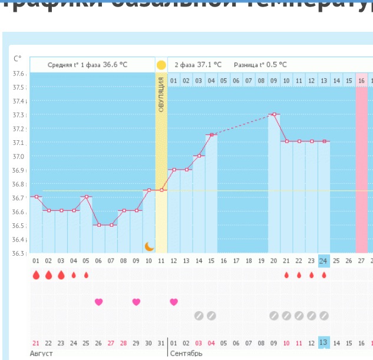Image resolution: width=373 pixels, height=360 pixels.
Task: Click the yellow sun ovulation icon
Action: coord(161,64)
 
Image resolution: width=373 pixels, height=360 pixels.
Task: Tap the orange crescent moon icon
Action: coord(150,246)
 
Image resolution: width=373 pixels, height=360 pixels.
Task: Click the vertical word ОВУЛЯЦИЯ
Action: coord(161,95)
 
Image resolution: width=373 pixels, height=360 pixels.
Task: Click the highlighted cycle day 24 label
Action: coord(324,260)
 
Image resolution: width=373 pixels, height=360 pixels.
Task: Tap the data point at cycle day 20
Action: coord(273,114)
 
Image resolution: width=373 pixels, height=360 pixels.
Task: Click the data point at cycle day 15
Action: coord(211,135)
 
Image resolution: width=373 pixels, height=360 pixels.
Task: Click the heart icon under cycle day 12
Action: coord(173,302)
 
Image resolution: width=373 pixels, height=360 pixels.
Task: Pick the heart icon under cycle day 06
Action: coord(98,302)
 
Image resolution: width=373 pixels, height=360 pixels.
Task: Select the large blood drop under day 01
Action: coord(36,275)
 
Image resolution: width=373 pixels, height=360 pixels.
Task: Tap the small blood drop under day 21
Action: coord(286,275)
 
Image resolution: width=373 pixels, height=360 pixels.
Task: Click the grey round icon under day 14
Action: coord(199,316)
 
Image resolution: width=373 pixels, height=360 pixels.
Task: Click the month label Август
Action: coord(41,354)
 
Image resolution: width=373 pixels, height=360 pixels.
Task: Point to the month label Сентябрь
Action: coord(186,354)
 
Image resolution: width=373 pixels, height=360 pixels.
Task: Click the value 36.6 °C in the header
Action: coord(115,65)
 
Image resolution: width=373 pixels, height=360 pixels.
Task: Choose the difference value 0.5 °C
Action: coord(276,65)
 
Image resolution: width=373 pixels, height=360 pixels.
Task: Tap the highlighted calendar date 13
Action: coord(324,342)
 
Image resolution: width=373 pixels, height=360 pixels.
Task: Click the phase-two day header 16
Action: coord(361,80)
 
